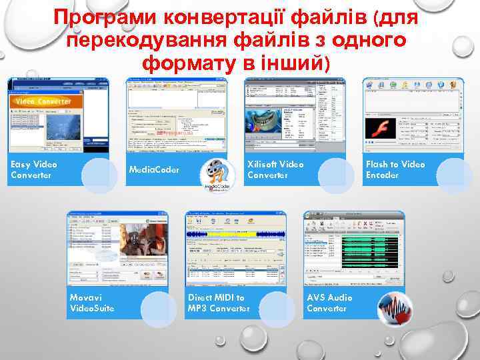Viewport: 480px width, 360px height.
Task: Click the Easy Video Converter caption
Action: pos(34,169)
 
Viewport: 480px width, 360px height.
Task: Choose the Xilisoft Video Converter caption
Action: pos(275,169)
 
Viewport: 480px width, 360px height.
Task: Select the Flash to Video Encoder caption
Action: pos(395,169)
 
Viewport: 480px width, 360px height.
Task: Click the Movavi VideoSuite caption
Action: pos(92,303)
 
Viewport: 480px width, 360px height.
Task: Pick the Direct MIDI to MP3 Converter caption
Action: pos(219,303)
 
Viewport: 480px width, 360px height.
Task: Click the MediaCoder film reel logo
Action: pos(217,177)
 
